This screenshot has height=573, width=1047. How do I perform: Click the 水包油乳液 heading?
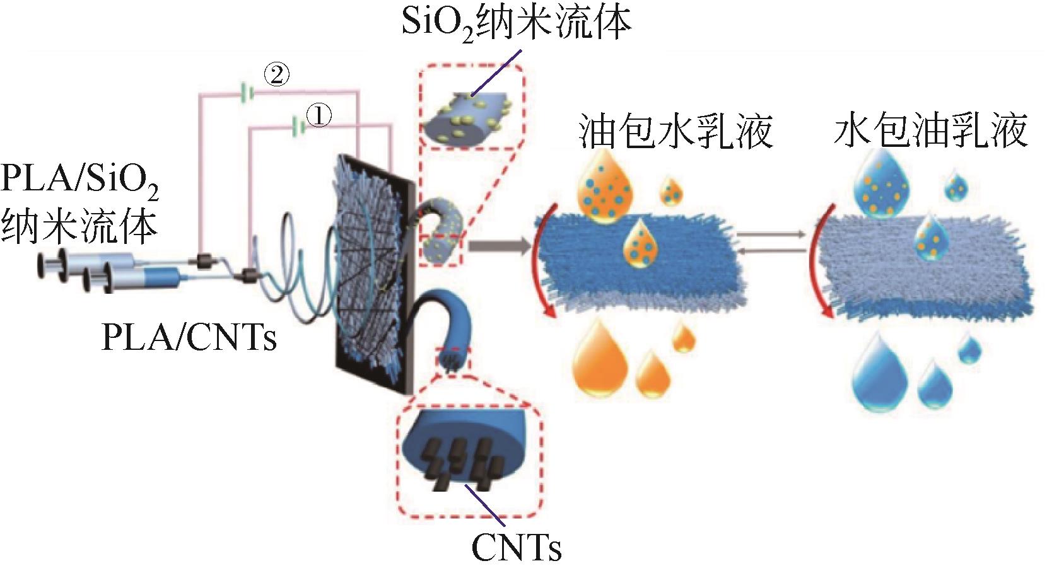point(931,130)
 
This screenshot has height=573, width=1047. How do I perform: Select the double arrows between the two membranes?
point(771,243)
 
